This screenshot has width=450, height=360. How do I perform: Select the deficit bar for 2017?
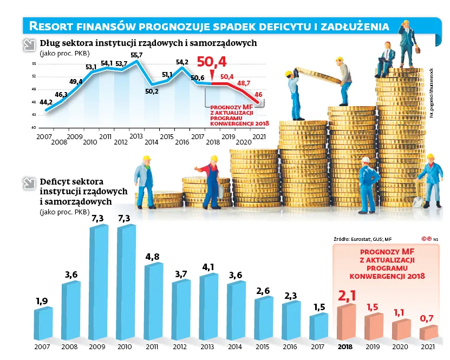tap(319, 327)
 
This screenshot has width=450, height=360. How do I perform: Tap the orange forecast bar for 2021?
tap(429, 332)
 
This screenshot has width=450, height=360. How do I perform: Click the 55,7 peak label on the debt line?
tap(136, 55)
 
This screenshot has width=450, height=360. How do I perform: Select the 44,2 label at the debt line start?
tap(46, 102)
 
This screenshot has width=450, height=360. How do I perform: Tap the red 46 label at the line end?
tap(259, 95)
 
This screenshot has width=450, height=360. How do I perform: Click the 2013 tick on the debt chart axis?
tap(136, 136)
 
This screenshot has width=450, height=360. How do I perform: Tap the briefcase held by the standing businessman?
tap(418, 50)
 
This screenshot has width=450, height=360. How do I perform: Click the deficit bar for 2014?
tap(236, 311)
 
